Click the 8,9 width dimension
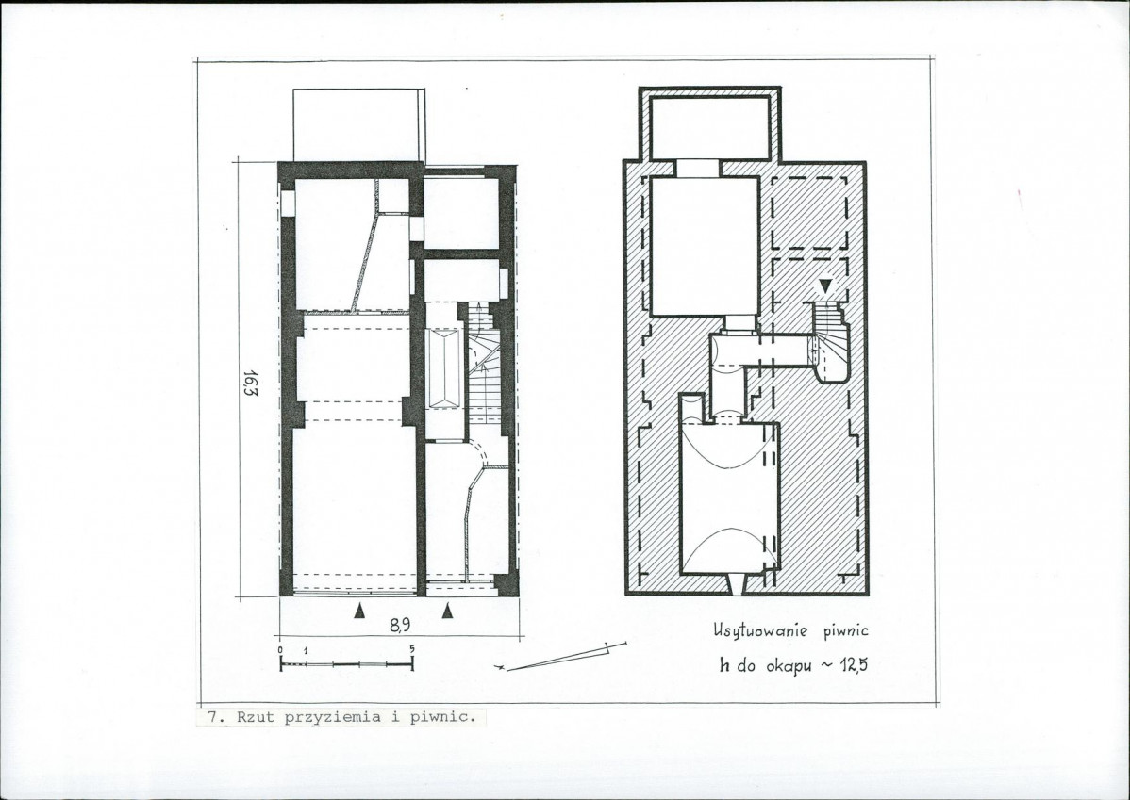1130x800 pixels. click(400, 626)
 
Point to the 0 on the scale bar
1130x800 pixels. click(280, 649)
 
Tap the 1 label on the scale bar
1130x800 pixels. click(306, 649)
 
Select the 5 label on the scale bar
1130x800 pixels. click(412, 648)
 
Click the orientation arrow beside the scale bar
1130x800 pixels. click(560, 656)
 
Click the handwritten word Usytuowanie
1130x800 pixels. click(759, 631)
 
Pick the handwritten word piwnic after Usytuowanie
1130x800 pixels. click(844, 631)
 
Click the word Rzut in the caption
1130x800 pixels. click(255, 716)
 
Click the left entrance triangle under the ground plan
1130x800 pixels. click(359, 612)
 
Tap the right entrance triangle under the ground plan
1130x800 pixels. click(447, 612)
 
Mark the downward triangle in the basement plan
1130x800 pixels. click(824, 286)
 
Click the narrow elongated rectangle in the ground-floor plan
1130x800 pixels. click(445, 369)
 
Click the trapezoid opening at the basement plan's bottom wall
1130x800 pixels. click(735, 584)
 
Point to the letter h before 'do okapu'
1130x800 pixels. click(724, 665)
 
